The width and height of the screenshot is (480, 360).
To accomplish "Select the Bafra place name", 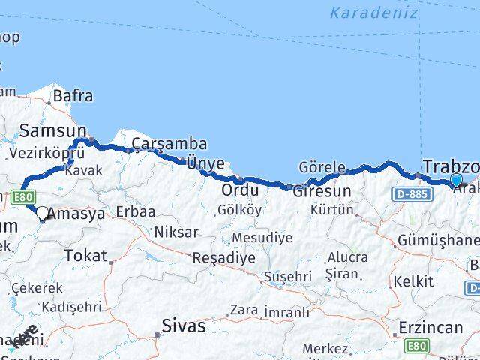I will pyautogui.click(x=72, y=95).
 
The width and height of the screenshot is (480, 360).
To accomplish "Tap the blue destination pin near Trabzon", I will pyautogui.click(x=457, y=180).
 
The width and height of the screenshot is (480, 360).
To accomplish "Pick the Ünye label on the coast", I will pyautogui.click(x=205, y=163).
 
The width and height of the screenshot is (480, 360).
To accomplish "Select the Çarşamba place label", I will pyautogui.click(x=169, y=144).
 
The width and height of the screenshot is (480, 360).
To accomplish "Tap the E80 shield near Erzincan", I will pyautogui.click(x=415, y=344).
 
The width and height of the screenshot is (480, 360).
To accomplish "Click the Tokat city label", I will pyautogui.click(x=85, y=255).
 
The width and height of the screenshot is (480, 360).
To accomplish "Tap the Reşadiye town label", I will pyautogui.click(x=224, y=257).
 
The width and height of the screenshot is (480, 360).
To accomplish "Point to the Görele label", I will pyautogui.click(x=322, y=167).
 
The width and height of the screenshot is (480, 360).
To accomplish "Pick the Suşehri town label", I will pyautogui.click(x=287, y=277).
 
